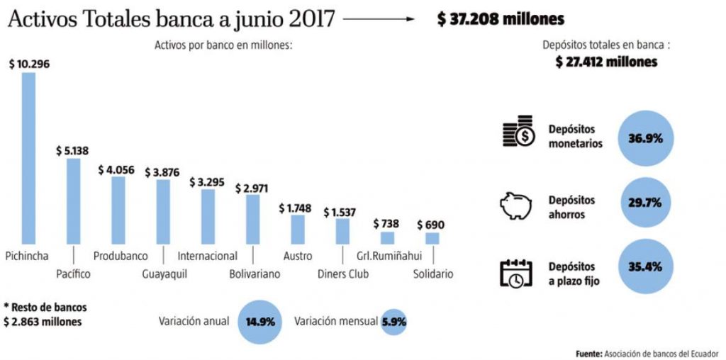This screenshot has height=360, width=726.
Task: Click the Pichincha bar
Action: click(x=28, y=158)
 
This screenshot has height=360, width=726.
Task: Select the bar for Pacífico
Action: click(x=73, y=201)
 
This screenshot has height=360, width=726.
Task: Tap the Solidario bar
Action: click(x=432, y=238)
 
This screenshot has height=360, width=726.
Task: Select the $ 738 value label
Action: click(x=387, y=224)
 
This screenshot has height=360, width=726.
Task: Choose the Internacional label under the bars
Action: click(x=207, y=255)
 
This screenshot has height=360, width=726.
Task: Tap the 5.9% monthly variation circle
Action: click(x=394, y=321)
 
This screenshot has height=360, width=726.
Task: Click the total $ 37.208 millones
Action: click(x=501, y=19)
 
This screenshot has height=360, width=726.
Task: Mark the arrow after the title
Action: click(x=379, y=19)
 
